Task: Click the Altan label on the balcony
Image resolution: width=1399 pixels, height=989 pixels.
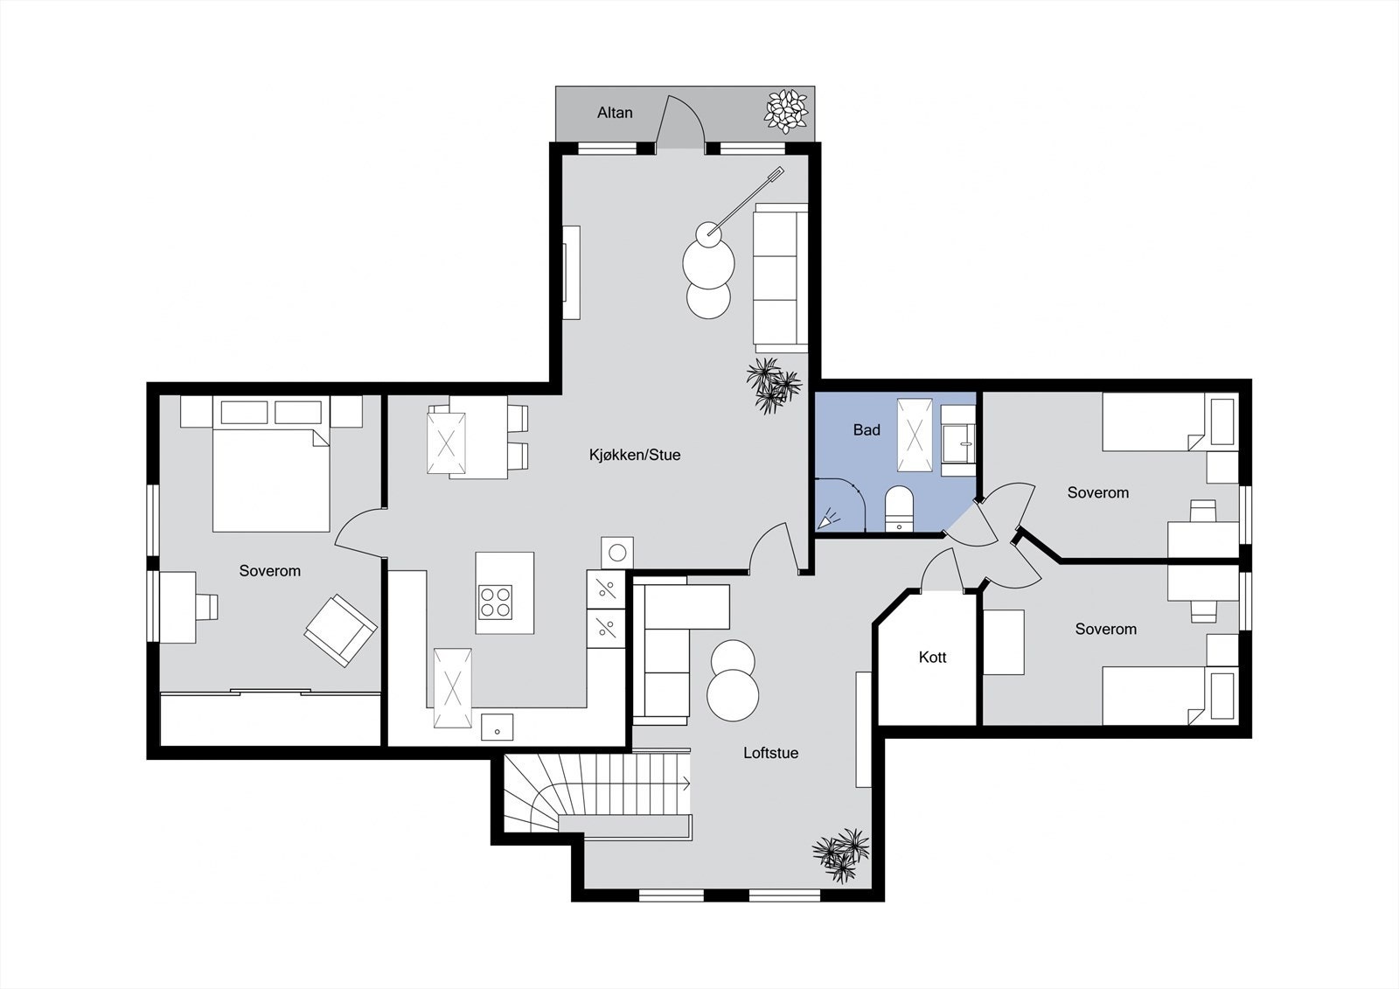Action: [615, 113]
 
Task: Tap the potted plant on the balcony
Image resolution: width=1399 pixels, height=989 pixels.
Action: [786, 110]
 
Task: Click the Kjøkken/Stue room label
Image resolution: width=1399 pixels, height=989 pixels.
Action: [635, 455]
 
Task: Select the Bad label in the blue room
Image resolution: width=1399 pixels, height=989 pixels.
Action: [867, 429]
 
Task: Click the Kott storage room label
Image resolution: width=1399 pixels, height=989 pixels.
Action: [932, 657]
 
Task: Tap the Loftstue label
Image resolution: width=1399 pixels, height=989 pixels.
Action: [770, 753]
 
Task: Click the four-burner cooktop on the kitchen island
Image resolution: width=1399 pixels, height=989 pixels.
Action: [495, 602]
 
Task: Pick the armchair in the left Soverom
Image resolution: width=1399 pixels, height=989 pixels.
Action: [340, 630]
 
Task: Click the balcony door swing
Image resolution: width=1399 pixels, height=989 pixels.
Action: [679, 122]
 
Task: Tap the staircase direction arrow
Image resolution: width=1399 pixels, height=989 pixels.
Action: [686, 784]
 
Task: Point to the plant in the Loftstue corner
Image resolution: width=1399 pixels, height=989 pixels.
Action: [841, 854]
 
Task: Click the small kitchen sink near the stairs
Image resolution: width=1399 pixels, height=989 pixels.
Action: [497, 727]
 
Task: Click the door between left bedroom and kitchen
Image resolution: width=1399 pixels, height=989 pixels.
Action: [358, 533]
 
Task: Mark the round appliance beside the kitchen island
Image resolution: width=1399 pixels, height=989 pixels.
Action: [617, 553]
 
